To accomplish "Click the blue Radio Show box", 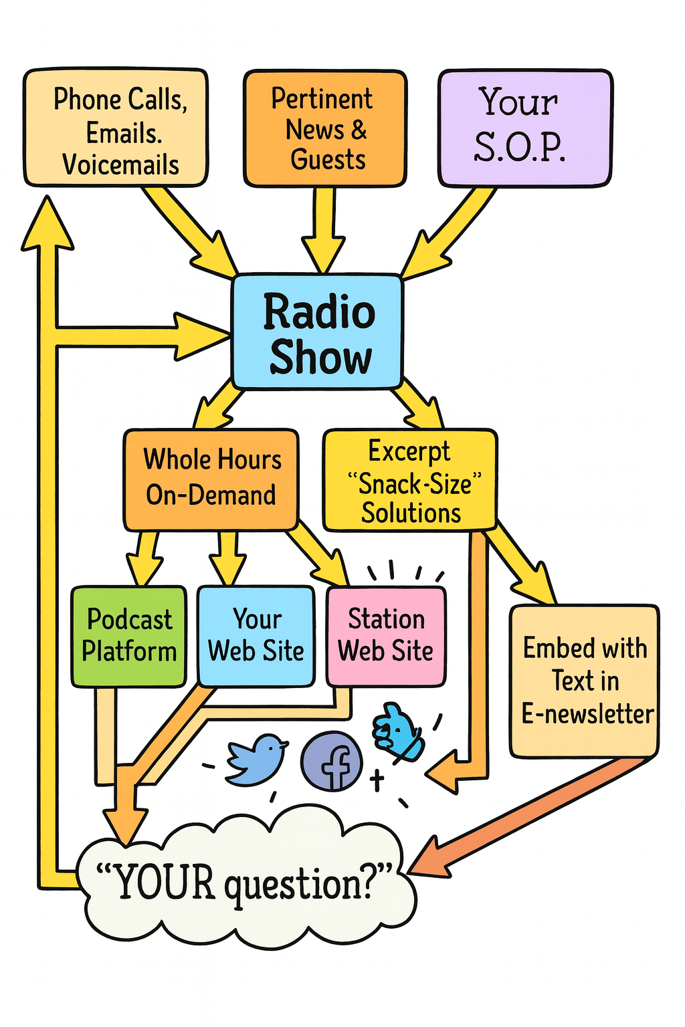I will click(317, 332).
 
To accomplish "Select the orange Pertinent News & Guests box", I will click(325, 128).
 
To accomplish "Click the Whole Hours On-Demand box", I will click(211, 479).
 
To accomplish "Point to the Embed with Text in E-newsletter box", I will click(584, 681).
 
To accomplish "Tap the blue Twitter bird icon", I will click(256, 758).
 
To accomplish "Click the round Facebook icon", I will click(332, 761).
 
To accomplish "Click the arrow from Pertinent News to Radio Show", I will click(324, 231).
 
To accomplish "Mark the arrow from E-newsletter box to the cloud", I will click(528, 816).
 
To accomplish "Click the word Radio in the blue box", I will click(318, 312).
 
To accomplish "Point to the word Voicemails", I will click(120, 164).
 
